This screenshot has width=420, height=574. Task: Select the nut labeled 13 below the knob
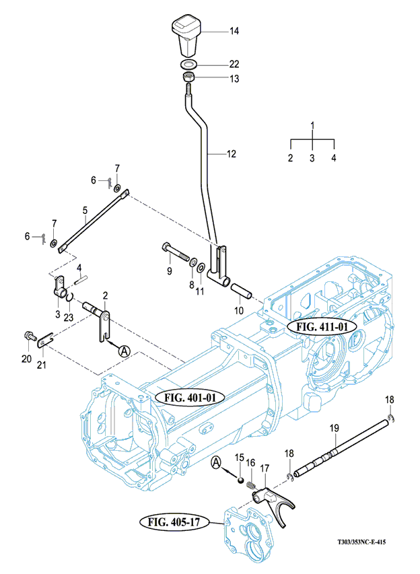[x=188, y=79]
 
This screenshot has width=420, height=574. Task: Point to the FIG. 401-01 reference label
[x=190, y=397]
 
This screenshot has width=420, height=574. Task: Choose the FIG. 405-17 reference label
[x=172, y=522]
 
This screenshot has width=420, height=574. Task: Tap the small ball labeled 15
[x=240, y=478]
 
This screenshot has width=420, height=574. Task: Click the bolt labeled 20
[x=29, y=335]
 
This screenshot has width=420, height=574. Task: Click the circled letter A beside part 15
[x=216, y=462]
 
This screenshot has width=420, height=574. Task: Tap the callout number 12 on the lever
[x=231, y=154]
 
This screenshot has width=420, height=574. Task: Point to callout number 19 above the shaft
[x=333, y=429]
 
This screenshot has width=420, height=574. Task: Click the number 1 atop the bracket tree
[x=312, y=125]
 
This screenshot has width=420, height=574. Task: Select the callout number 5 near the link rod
[x=85, y=210]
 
